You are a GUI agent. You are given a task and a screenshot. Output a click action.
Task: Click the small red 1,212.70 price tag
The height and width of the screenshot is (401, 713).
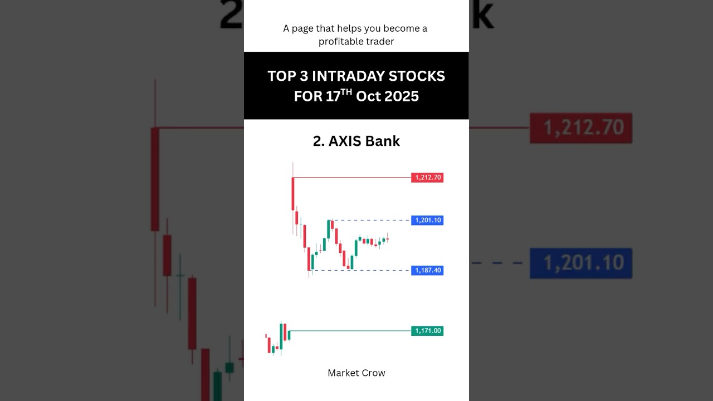[x=427, y=178]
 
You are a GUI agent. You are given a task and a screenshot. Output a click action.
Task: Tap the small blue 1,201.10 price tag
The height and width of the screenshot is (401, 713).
[x=427, y=221]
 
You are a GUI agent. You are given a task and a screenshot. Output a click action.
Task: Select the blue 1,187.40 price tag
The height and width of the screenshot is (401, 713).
[x=427, y=271]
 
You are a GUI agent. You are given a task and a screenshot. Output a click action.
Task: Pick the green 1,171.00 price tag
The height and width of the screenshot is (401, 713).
[x=427, y=331]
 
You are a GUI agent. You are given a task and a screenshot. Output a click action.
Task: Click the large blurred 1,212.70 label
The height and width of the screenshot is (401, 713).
[x=580, y=128]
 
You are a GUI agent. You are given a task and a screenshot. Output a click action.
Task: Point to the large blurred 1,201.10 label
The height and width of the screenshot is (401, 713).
[x=580, y=263]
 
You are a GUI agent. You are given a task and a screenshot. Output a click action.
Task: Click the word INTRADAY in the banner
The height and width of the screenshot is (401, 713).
[x=348, y=76]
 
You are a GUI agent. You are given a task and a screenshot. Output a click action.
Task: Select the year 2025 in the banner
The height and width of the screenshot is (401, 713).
[x=400, y=96]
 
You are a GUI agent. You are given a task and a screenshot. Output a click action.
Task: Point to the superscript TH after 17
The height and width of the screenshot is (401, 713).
[x=346, y=92]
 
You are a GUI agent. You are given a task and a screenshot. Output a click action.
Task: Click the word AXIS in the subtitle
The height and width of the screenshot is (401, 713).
[x=345, y=141]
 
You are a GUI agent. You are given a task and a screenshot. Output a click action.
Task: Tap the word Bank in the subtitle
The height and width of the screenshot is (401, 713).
[x=383, y=141]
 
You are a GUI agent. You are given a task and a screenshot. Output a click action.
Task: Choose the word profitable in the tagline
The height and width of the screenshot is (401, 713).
[x=340, y=42]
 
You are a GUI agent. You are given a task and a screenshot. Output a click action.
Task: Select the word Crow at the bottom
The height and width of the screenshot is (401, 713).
[x=373, y=373]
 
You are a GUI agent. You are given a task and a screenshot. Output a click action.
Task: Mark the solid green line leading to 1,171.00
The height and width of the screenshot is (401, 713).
[x=351, y=331]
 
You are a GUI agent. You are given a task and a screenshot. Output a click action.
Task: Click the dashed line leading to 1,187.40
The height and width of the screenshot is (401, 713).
[x=379, y=271]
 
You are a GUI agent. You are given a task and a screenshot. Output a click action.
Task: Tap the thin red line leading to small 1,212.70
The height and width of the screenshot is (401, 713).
[x=351, y=178]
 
